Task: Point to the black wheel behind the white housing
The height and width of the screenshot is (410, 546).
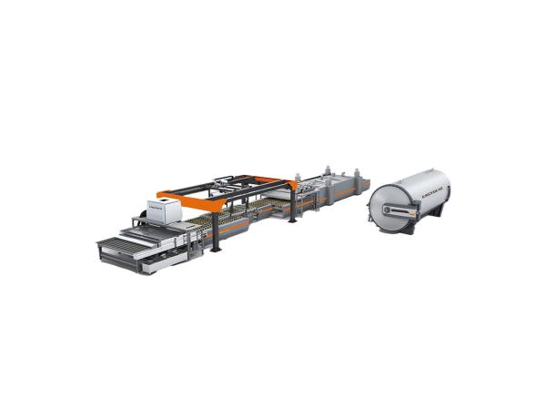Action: [x=144, y=218]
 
